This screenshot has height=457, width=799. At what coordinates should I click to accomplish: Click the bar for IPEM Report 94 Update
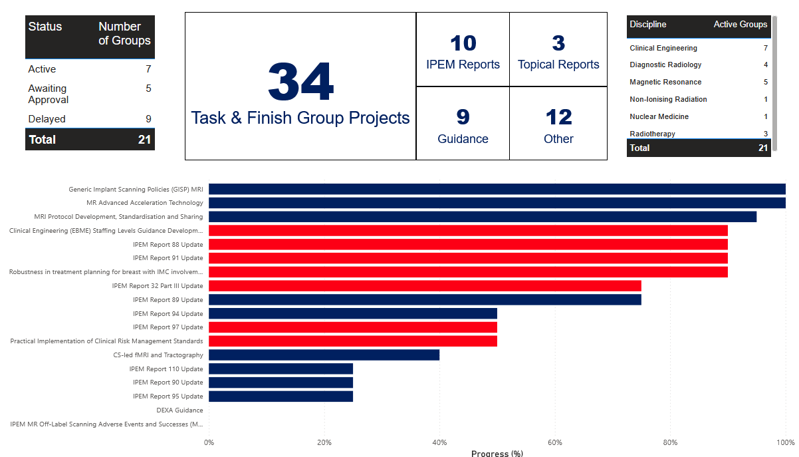coord(353,313)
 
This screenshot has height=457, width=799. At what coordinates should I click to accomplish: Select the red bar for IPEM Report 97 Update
coord(353,327)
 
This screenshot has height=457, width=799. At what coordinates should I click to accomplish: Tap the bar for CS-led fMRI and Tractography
coord(324,355)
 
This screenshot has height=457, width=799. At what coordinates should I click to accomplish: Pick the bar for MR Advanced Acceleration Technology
coord(497,203)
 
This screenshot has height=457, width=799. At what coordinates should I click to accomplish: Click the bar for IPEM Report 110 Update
coord(281,369)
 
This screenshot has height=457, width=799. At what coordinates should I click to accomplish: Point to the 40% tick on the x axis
coord(439,442)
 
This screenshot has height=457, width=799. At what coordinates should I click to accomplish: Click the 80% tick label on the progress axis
coord(670,442)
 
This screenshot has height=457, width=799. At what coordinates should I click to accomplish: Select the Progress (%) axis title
coord(497,453)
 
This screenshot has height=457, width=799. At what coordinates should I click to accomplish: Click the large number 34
coord(300,82)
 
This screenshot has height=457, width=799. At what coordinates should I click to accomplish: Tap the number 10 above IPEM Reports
coord(463,43)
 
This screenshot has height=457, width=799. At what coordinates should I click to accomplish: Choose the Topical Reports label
coord(558,65)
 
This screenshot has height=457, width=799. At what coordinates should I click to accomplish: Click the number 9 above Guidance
coord(463,117)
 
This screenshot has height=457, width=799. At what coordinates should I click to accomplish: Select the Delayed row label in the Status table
coord(47,119)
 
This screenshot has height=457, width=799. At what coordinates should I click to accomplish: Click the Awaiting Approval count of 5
coord(148,88)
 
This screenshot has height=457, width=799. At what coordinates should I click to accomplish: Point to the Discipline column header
coord(648,25)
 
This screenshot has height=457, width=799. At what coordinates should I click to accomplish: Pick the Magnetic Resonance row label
coord(665,82)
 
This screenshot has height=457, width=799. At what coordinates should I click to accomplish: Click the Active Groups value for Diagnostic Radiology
coord(766,65)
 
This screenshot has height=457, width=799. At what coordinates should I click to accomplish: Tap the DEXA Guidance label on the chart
coord(179,410)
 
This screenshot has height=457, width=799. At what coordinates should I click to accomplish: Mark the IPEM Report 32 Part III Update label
coord(158,285)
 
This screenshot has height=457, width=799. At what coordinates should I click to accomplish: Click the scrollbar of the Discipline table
coord(774,73)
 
